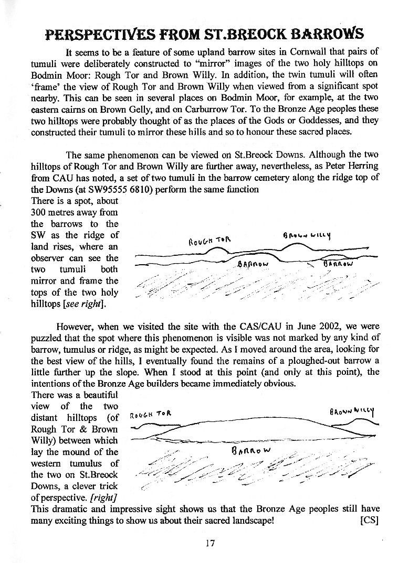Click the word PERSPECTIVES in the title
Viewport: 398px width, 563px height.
[93, 35]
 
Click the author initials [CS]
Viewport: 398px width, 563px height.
[370, 521]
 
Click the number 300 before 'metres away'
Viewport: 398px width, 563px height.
[41, 212]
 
